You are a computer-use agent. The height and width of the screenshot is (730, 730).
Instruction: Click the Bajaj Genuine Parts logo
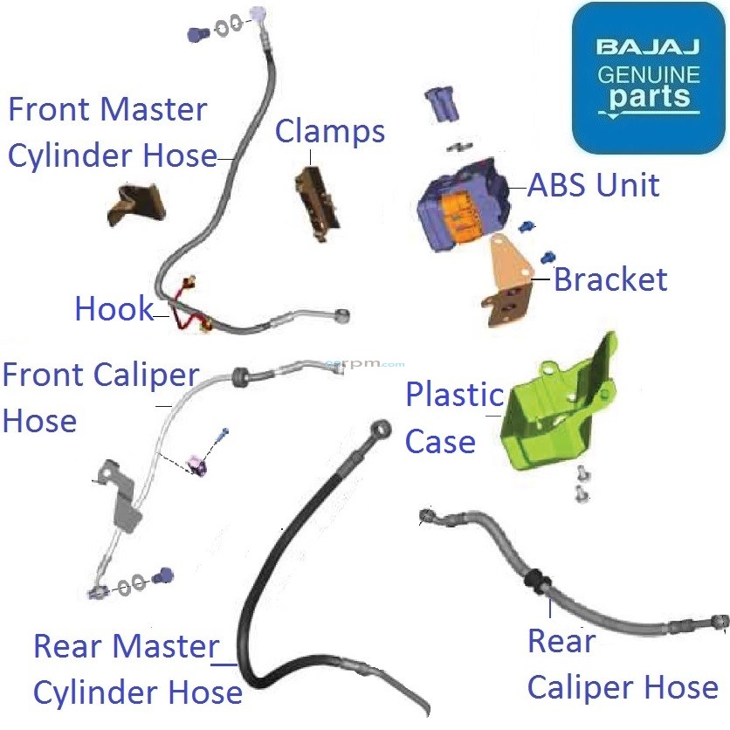click(x=648, y=79)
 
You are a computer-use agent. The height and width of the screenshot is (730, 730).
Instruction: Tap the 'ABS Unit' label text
click(x=594, y=185)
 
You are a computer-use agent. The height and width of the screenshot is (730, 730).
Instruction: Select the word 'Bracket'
click(x=610, y=279)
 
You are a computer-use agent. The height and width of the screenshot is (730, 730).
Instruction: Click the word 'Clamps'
click(x=330, y=132)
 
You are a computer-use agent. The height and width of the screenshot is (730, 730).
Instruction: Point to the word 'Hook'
click(x=114, y=308)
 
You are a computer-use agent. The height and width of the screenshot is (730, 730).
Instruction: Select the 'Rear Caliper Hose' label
click(x=622, y=665)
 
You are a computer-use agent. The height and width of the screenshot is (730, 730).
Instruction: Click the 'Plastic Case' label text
click(x=453, y=417)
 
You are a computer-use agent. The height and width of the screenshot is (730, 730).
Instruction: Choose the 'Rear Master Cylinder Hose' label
click(x=136, y=669)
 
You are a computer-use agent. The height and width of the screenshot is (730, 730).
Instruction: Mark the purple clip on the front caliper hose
click(x=199, y=465)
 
